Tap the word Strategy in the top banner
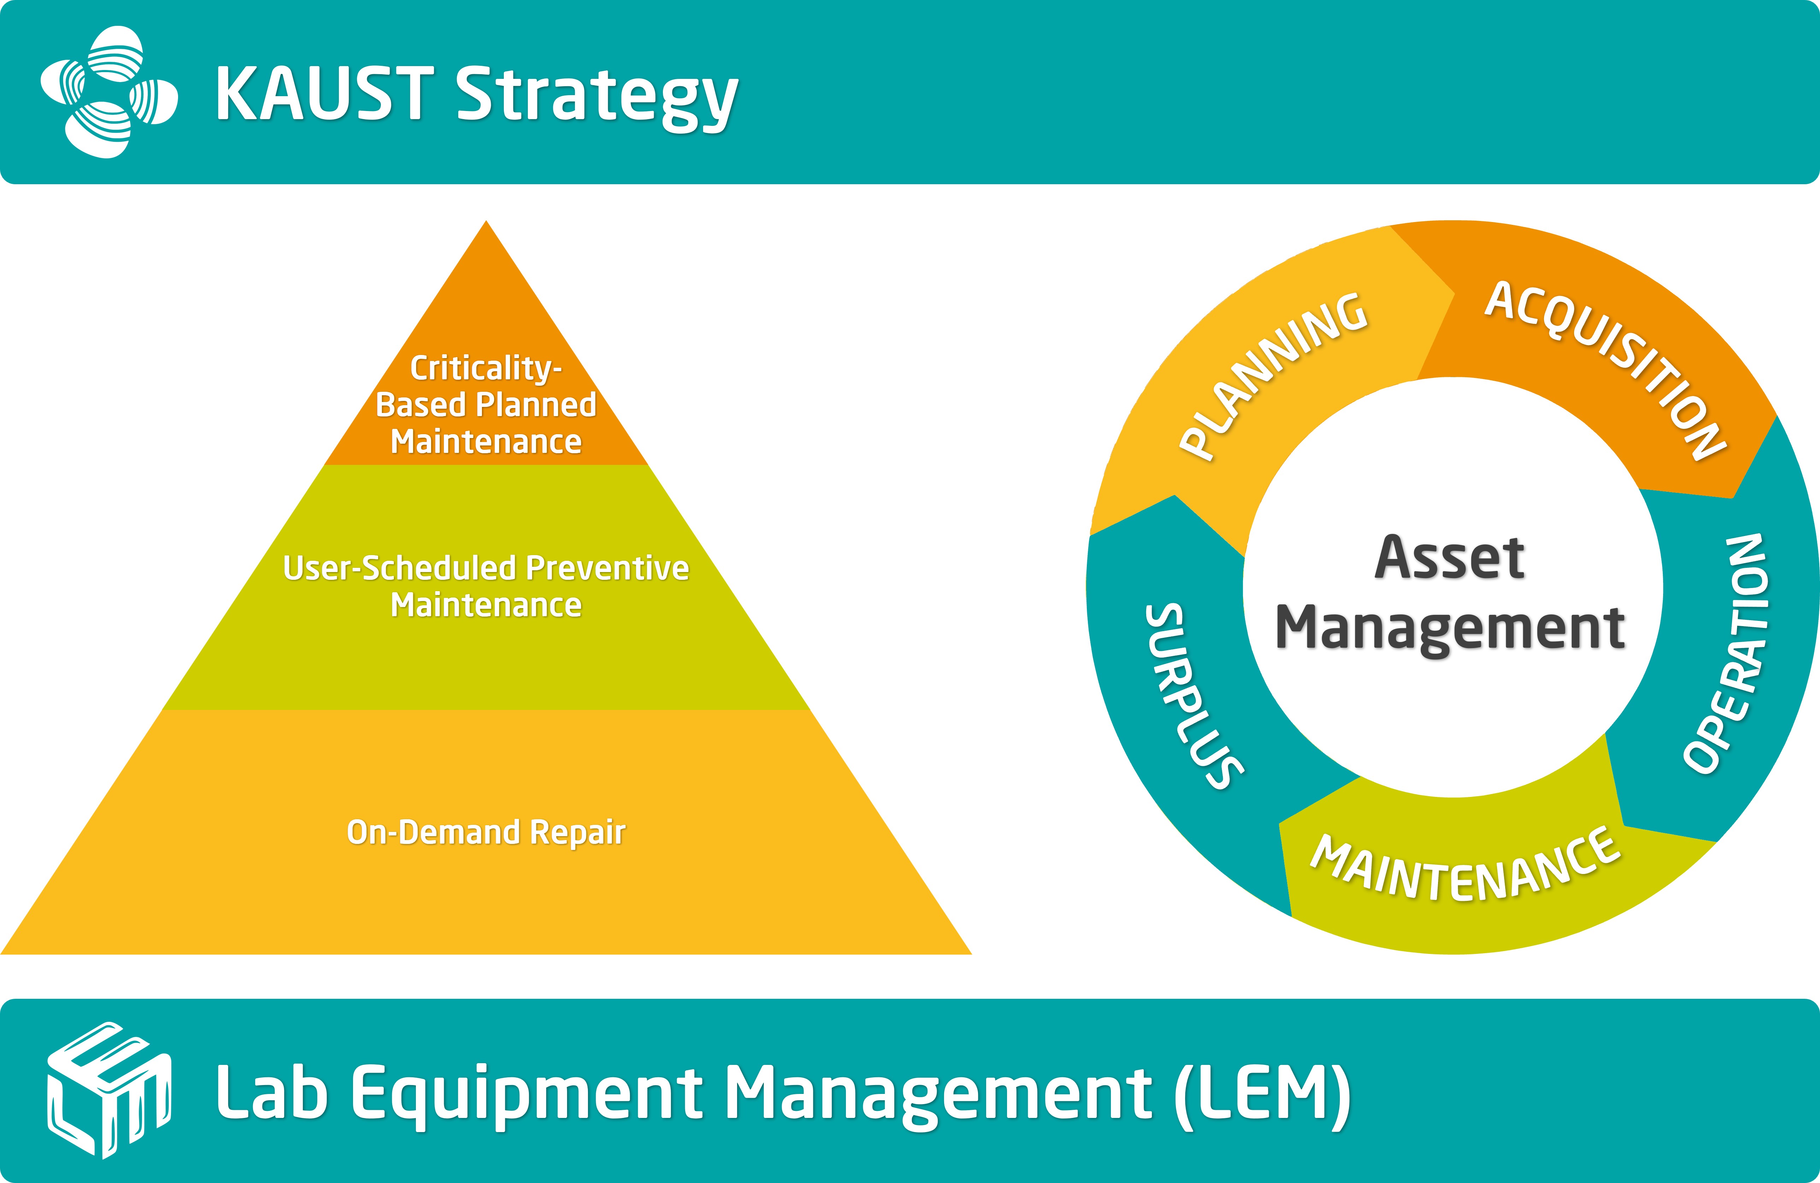click(596, 96)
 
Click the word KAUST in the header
click(325, 93)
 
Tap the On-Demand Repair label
click(486, 832)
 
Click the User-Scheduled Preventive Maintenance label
click(486, 586)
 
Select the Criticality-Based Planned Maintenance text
click(486, 405)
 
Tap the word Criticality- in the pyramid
click(486, 368)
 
